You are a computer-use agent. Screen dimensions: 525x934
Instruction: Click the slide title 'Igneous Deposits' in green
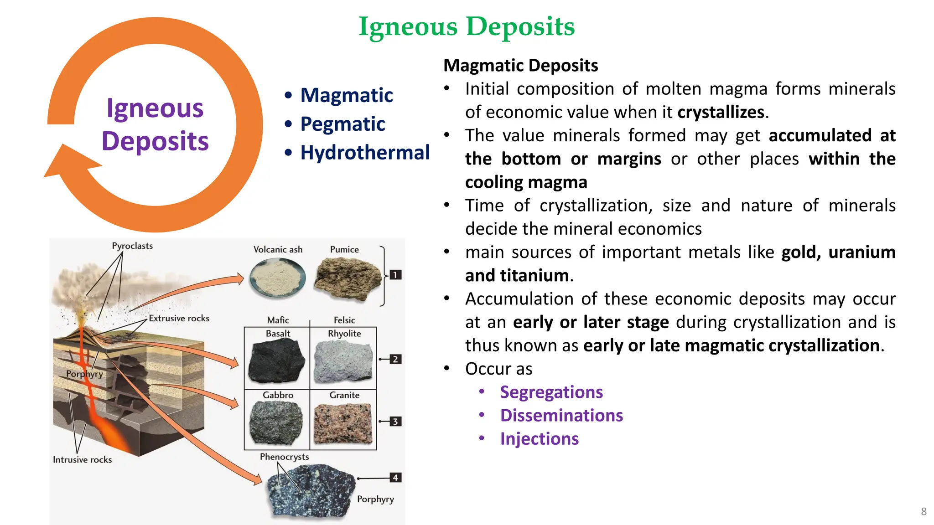tap(467, 26)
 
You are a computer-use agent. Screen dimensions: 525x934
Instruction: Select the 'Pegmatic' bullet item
tap(342, 124)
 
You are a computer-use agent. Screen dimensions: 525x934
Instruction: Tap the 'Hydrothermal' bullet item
tap(365, 153)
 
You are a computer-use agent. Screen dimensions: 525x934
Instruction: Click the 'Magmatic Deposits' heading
tap(520, 66)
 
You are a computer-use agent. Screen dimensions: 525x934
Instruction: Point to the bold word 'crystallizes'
tap(721, 112)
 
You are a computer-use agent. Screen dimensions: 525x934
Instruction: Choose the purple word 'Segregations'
tap(551, 392)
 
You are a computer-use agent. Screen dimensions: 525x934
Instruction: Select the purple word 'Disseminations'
tap(561, 416)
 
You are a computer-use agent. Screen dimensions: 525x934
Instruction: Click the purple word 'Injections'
tap(539, 439)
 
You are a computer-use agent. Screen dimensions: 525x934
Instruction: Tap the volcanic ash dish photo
tap(278, 278)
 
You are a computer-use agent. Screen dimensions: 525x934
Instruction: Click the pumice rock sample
tap(348, 278)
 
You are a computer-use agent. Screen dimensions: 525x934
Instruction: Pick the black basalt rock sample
tap(276, 361)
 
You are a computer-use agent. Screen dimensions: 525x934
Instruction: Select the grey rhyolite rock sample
tap(343, 361)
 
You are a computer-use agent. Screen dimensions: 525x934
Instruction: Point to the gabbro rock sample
tap(276, 422)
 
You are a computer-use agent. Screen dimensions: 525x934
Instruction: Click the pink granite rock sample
tap(343, 423)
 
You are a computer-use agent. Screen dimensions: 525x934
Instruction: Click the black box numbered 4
tap(395, 478)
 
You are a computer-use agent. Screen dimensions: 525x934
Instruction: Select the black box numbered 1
tap(395, 275)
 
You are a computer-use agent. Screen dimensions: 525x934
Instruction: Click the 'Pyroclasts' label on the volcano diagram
tap(132, 246)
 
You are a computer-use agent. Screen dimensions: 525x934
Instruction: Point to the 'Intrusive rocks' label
tap(82, 460)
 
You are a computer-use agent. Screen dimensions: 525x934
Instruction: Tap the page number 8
tap(924, 511)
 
